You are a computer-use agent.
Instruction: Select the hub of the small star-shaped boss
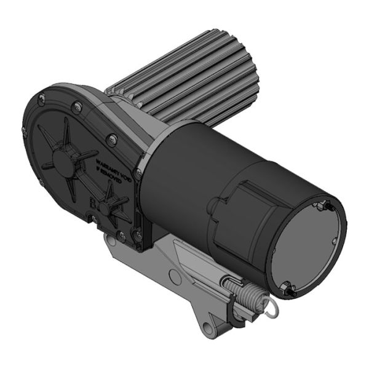[x=106, y=208]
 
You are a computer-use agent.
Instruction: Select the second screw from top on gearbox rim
[x=76, y=108]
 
